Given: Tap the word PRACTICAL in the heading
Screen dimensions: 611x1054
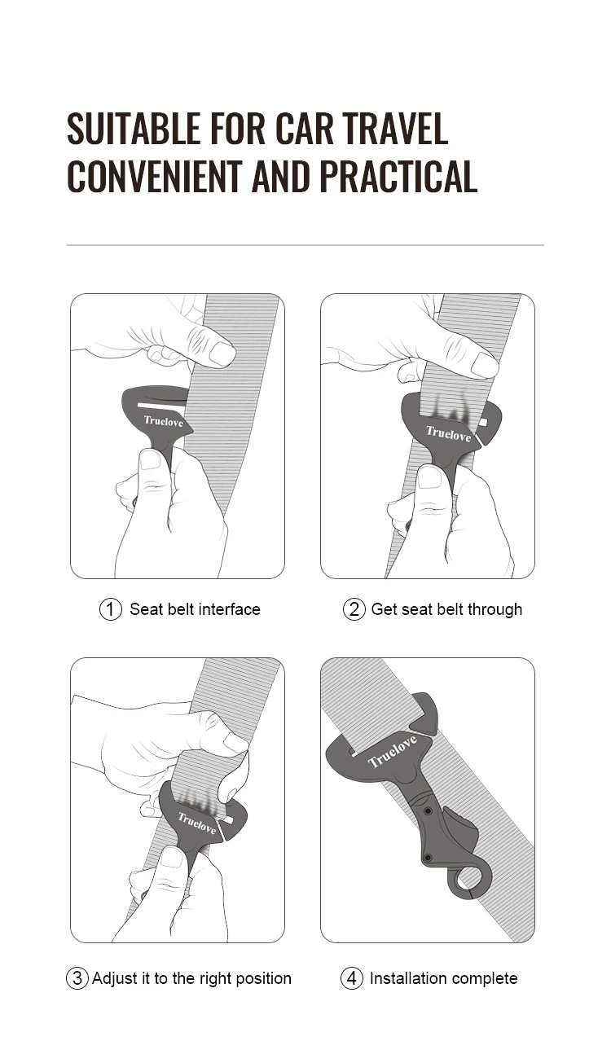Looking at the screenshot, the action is point(398,177).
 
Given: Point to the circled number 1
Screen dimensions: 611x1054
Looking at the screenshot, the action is point(110,609).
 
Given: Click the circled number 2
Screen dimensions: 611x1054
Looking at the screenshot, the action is point(354,609).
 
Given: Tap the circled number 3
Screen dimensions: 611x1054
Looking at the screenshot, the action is point(77,978).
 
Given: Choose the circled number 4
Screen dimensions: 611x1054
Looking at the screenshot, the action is point(352,978).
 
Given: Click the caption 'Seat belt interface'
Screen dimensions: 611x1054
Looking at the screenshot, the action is point(195,609).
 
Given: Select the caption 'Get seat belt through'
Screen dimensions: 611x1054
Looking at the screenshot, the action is point(446,609).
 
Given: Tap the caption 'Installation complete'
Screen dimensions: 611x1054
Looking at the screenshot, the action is point(443,978).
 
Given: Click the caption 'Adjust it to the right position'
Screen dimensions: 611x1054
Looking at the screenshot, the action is point(191,978).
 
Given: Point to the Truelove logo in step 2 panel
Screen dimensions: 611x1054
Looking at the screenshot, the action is point(448,434).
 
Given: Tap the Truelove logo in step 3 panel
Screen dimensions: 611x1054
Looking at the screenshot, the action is point(197,823).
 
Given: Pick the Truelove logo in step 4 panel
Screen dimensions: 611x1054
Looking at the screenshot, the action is point(393,752).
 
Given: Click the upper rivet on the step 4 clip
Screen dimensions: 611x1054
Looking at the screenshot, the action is point(428,811).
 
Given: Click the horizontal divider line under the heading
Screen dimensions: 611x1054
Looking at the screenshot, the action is point(305,245).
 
